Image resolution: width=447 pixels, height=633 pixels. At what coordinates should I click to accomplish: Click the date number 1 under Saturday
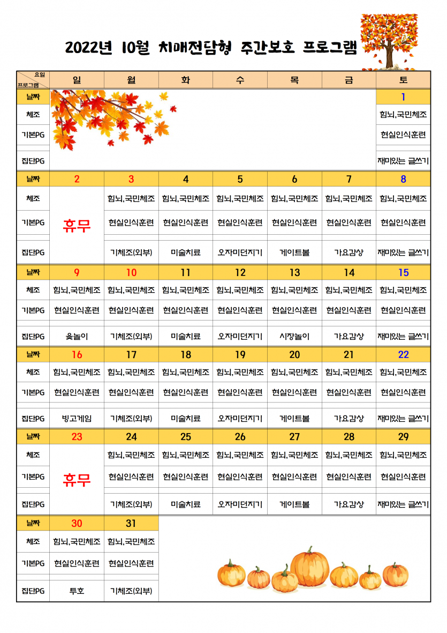coord(403,97)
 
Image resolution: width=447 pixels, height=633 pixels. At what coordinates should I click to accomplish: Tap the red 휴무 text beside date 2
coord(77,226)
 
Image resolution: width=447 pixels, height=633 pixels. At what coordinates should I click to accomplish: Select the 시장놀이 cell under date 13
coord(294,337)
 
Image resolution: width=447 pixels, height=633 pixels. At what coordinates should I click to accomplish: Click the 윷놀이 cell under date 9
coord(77,337)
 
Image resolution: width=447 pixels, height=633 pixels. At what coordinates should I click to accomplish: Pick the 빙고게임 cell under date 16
coord(77,418)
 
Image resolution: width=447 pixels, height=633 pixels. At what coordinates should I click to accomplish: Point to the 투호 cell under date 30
coord(77,591)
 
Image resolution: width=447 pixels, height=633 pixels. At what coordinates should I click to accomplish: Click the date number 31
coord(131,523)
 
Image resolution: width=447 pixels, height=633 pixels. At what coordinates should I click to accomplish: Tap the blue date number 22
coord(403,354)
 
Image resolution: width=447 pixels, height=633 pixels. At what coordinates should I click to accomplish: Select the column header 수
coord(240,80)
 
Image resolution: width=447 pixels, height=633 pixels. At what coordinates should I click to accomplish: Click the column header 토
coord(403,80)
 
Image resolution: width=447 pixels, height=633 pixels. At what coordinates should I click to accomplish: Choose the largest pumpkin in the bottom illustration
coord(310,567)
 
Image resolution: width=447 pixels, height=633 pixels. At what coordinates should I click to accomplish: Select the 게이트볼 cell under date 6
coord(294,252)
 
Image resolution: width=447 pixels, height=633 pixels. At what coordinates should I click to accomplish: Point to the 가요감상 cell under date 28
coord(349,504)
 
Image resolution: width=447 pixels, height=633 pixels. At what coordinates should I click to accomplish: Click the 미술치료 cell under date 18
coord(186,418)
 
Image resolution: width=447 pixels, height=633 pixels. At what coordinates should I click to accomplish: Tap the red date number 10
coord(131,272)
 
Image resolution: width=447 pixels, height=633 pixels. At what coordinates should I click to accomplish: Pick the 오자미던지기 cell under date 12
coord(240,337)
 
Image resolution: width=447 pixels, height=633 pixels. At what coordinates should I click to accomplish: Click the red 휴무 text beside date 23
coord(77,479)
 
